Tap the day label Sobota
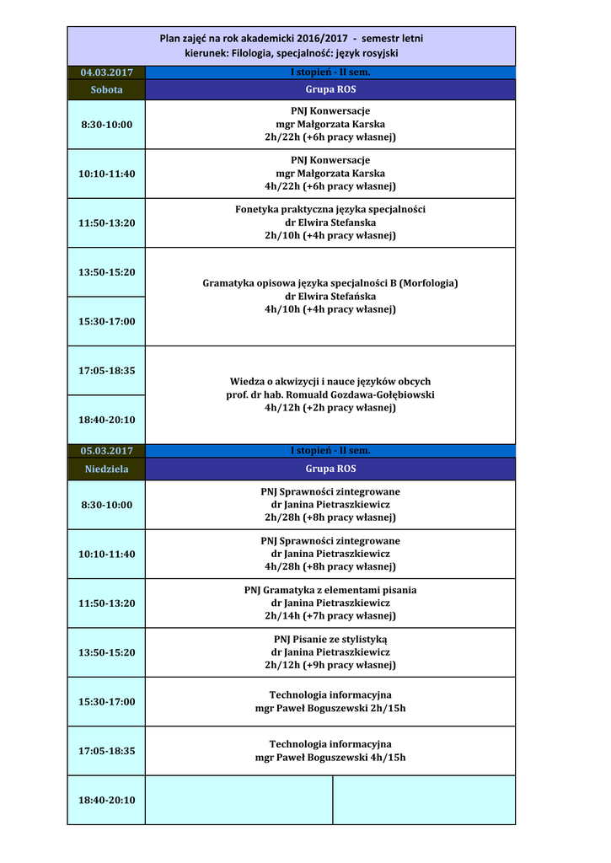click(106, 89)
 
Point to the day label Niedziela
click(106, 469)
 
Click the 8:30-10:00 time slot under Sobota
click(106, 125)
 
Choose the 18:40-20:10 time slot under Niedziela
click(106, 800)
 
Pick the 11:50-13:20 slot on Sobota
click(106, 223)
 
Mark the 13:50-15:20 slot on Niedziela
click(106, 652)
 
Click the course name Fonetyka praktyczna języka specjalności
click(330, 209)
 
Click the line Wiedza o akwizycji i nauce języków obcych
click(330, 381)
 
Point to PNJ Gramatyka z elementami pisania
click(330, 590)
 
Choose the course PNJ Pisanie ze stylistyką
click(330, 639)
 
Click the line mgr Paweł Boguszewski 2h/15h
click(330, 708)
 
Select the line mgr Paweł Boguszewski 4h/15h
click(330, 758)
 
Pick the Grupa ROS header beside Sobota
click(330, 89)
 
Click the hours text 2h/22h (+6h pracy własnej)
click(330, 137)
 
